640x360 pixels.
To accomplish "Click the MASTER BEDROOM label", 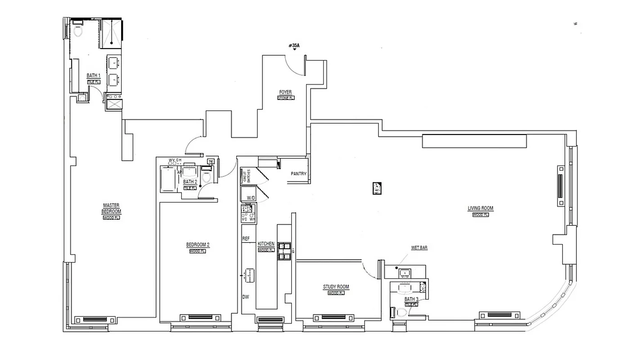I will [111, 208].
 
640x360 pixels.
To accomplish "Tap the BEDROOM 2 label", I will [198, 245].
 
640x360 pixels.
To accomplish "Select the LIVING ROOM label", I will [480, 208].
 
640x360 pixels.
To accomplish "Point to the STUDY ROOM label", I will [336, 287].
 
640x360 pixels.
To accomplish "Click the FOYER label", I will [285, 92].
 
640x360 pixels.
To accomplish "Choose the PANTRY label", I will [298, 174].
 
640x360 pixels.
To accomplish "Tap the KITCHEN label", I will [266, 244].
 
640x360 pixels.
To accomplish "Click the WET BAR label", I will [419, 247].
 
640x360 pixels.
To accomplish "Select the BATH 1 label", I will [93, 76].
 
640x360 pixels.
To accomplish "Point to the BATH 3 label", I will [411, 299].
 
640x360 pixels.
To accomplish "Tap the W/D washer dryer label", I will [250, 198].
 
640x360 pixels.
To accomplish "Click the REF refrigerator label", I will [246, 238].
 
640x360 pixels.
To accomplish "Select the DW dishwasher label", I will [246, 297].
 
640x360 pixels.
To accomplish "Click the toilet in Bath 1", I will [77, 31].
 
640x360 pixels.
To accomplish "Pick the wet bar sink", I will [405, 273].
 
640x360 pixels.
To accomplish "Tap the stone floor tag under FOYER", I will [285, 98].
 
